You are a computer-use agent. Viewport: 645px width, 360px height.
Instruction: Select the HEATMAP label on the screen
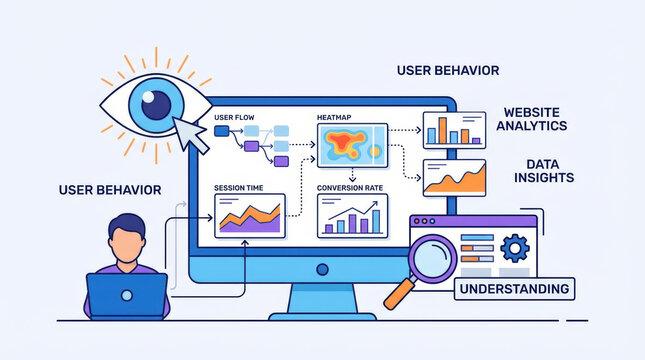point(335,118)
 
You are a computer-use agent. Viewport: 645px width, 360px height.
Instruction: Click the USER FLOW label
point(234,118)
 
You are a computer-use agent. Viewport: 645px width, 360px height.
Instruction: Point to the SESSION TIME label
point(241,187)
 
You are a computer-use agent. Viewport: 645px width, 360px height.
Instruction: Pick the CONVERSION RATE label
point(350,187)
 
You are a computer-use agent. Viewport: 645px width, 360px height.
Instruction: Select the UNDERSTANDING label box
point(515,289)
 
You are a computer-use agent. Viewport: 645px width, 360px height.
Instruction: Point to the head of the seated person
point(127,236)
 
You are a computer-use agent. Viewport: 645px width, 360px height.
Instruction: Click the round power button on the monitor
point(321,270)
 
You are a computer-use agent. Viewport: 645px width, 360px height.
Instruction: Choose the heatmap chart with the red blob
point(351,144)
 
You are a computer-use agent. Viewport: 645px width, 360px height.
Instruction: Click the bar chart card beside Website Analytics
point(454,129)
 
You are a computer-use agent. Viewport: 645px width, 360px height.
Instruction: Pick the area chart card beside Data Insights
point(454,178)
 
